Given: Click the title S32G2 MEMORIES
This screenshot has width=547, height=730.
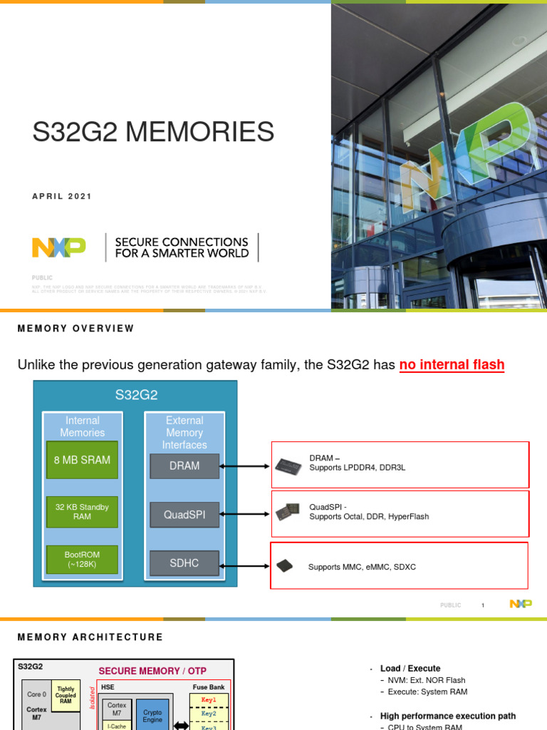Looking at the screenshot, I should click(x=153, y=133).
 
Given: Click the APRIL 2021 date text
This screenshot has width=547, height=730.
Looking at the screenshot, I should click(x=63, y=197).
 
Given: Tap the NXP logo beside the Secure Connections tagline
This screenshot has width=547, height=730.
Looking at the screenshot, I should click(x=59, y=247).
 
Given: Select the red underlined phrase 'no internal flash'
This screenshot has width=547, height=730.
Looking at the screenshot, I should click(x=452, y=365).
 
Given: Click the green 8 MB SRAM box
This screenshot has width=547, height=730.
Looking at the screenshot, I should click(x=82, y=461).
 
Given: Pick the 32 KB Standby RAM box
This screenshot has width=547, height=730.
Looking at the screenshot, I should click(x=82, y=511).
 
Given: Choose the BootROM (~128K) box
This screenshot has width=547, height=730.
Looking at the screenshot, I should click(x=82, y=559).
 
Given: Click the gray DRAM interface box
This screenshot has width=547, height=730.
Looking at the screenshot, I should click(x=184, y=466).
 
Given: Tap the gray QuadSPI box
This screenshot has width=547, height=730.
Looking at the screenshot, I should click(x=184, y=515).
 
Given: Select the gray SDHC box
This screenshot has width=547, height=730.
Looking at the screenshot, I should click(x=184, y=563).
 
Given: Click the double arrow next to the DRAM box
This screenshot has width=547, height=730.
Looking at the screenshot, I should click(x=244, y=466).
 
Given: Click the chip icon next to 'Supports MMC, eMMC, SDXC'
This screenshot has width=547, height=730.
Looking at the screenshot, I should click(x=284, y=566).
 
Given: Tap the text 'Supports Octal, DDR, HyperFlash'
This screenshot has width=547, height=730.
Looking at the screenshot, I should click(x=369, y=517).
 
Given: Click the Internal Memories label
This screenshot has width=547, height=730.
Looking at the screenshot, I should click(x=82, y=426).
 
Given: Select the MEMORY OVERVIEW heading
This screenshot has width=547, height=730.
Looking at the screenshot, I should click(x=75, y=329).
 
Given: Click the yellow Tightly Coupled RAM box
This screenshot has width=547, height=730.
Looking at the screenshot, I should click(x=66, y=695).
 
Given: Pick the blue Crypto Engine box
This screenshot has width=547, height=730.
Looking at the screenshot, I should click(x=152, y=716).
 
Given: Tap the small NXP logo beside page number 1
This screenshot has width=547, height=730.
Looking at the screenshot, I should click(x=521, y=604).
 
